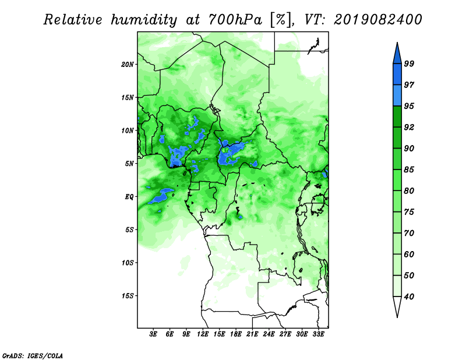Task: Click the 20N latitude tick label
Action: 127,65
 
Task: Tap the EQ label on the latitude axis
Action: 129,197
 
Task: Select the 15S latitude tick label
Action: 128,296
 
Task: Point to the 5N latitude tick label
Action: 129,164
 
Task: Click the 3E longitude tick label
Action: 153,334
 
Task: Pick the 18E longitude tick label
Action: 236,334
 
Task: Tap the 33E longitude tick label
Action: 318,334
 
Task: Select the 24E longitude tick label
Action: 269,334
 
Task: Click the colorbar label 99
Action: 409,63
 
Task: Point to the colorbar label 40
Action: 409,297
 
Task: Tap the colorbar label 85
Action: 409,170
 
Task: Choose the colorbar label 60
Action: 409,254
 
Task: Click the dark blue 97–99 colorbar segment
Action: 397,75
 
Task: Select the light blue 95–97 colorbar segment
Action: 397,96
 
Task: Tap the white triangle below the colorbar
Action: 397,306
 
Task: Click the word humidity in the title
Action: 144,20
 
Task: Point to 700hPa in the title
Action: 235,20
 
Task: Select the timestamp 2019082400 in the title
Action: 377,20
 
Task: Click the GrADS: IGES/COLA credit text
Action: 33,356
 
